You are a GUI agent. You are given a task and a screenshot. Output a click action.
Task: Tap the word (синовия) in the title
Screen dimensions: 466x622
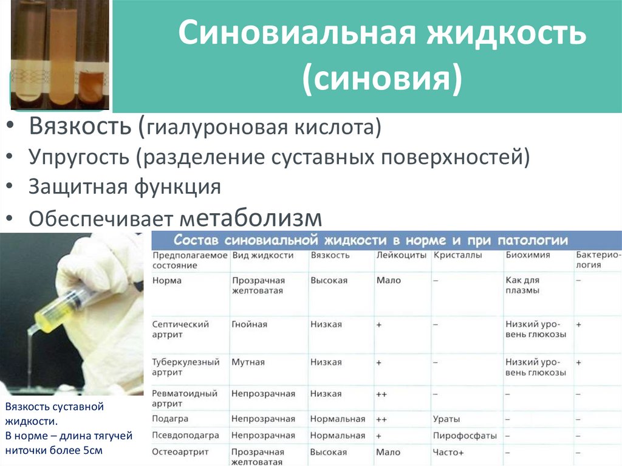pyautogui.click(x=383, y=78)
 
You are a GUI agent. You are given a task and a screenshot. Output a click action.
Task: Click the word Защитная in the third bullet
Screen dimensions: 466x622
pyautogui.click(x=71, y=186)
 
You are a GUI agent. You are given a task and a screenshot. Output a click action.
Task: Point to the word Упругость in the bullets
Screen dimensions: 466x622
pyautogui.click(x=78, y=157)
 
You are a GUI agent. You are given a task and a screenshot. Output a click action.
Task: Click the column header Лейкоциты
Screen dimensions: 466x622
pyautogui.click(x=401, y=255)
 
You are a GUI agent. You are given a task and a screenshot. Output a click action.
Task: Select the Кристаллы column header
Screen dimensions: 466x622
pyautogui.click(x=457, y=255)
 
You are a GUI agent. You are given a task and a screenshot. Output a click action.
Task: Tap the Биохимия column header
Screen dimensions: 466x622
pyautogui.click(x=527, y=255)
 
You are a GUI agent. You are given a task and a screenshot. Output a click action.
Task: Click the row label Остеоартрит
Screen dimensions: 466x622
pyautogui.click(x=180, y=452)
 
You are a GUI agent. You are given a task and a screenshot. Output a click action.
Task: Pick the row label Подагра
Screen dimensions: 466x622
pyautogui.click(x=170, y=419)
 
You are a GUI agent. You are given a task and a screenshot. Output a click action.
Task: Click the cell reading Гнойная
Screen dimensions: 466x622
pyautogui.click(x=249, y=324)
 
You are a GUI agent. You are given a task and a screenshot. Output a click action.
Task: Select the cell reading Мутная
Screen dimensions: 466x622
pyautogui.click(x=248, y=362)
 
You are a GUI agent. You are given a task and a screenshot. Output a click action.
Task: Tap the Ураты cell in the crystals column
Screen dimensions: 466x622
pyautogui.click(x=446, y=419)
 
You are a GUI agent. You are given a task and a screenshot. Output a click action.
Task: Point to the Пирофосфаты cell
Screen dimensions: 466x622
pyautogui.click(x=465, y=436)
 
